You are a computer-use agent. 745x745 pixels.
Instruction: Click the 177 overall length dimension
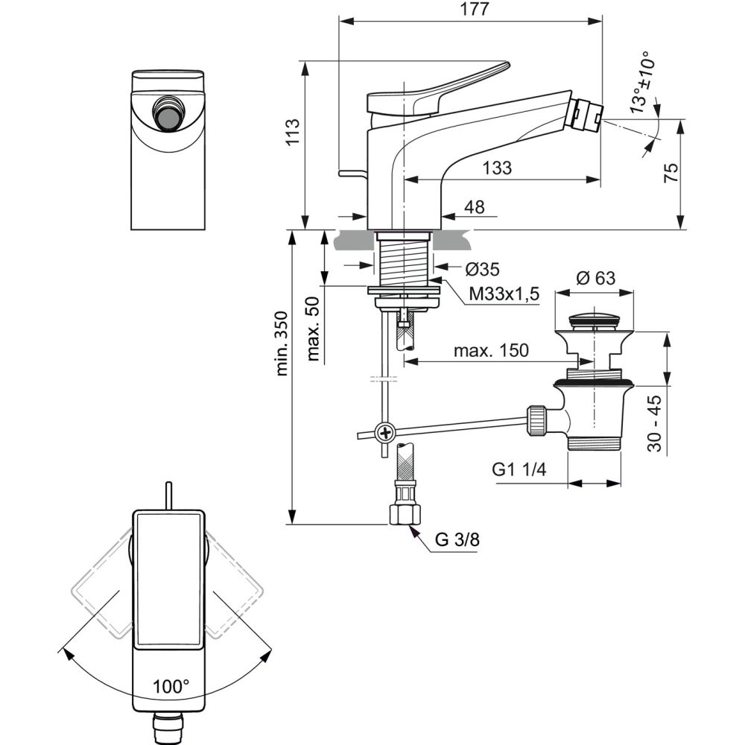coord(470,10)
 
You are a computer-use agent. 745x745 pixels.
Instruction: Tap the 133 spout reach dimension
coord(497,168)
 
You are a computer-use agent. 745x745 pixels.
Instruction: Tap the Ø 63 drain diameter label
coord(595,279)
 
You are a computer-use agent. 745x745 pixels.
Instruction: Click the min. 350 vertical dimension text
coord(282,343)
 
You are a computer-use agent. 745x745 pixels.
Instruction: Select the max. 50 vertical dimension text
coord(313,329)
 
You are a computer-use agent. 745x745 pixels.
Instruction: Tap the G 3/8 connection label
coord(457,540)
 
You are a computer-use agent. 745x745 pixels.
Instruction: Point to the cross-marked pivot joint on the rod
coord(385,431)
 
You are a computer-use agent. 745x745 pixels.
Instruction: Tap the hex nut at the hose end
coord(405,513)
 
